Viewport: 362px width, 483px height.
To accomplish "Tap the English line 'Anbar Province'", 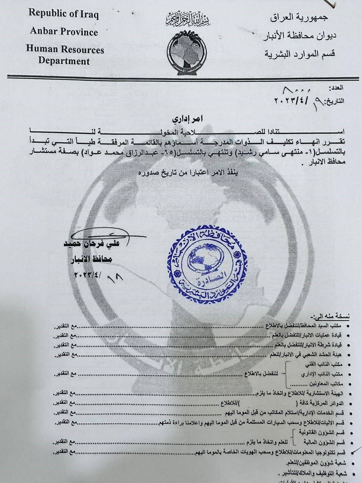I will tap(64, 32).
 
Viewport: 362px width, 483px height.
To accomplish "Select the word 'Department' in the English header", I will tap(64, 61).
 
